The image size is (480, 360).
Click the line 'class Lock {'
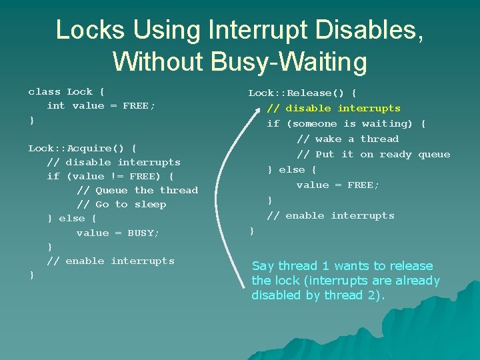(66, 92)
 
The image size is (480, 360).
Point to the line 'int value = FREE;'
(101, 106)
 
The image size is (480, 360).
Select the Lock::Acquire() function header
(83, 148)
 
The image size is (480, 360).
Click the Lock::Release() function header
(302, 93)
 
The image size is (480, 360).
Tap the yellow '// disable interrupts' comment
(333, 108)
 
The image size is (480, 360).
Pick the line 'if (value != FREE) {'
(110, 176)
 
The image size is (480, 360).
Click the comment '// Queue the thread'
(137, 190)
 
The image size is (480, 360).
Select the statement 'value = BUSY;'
(118, 233)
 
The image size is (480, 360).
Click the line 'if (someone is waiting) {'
(346, 123)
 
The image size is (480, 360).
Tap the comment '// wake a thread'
(347, 139)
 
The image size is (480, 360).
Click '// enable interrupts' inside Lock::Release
(331, 215)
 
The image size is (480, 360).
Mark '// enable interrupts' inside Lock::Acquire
(111, 261)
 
